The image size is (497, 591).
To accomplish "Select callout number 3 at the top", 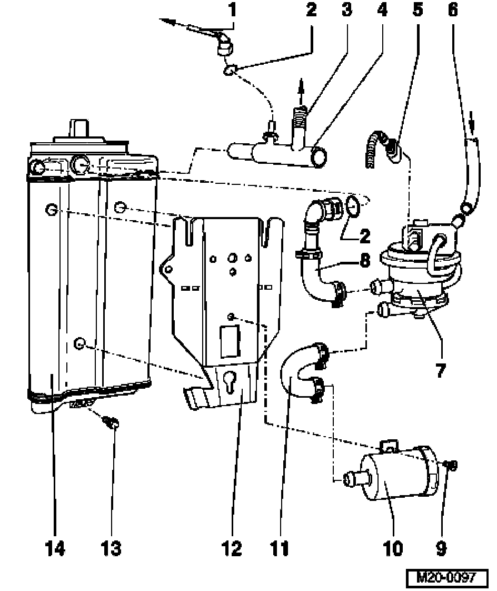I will point(346,11).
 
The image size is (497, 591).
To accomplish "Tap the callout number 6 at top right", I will point(453,11).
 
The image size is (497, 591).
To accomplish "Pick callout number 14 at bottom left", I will point(55,549).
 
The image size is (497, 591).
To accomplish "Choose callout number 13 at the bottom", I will point(111,549).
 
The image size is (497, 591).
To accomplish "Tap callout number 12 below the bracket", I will point(232,549).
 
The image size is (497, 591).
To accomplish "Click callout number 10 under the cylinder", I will point(393,549).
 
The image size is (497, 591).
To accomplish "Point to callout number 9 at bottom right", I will point(441,549).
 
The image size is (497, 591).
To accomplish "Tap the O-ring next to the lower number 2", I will point(354,205).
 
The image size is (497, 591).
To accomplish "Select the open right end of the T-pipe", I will point(319,156).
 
